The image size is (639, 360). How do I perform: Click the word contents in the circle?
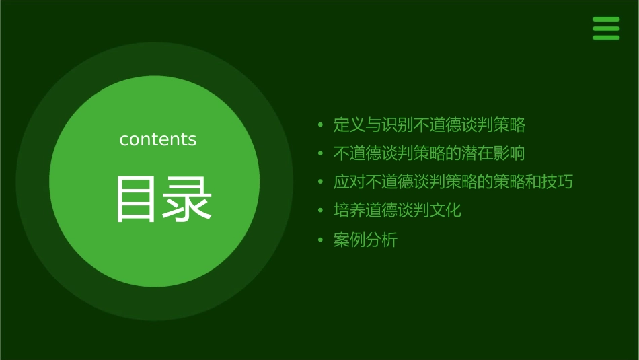pos(158,139)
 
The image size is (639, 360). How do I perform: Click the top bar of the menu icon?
pos(606,20)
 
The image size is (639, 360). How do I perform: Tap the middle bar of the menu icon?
pos(606,29)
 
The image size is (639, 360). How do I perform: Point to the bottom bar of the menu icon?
pos(606,38)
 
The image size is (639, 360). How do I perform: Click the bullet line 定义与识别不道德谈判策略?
pos(429,125)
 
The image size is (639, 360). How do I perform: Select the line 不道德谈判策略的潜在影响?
pos(429,153)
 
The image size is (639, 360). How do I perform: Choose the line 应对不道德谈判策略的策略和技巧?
pos(453,182)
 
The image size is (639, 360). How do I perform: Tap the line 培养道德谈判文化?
pos(398,210)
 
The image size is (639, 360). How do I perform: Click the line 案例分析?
pos(365,240)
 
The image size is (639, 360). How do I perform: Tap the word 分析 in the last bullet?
pos(381,240)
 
